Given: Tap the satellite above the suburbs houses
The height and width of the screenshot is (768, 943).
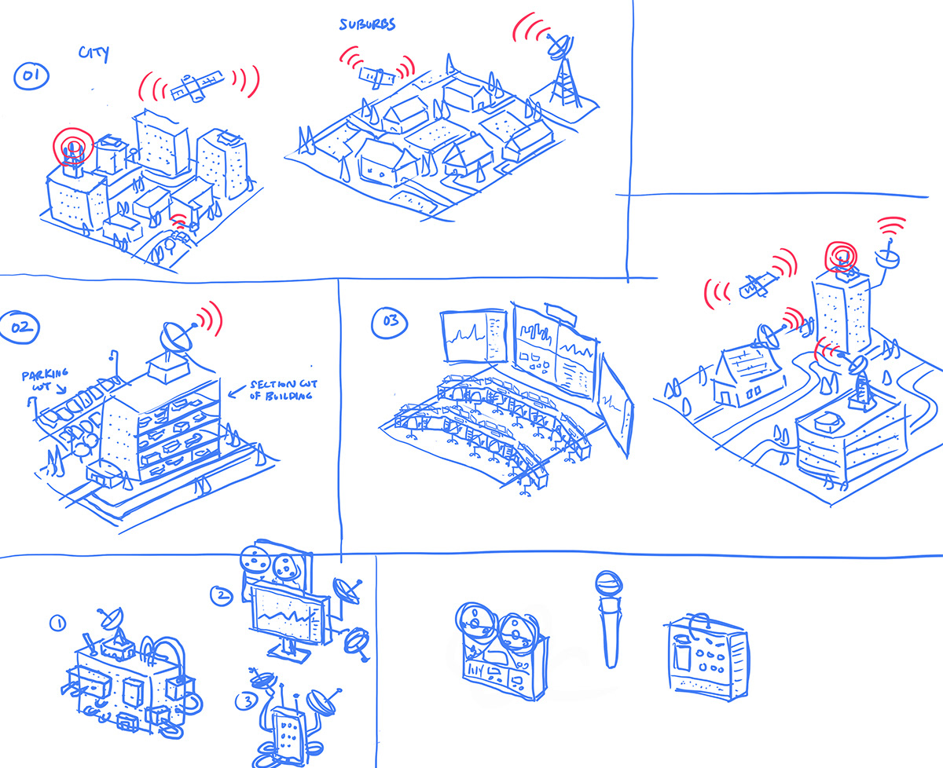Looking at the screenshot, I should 375,75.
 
